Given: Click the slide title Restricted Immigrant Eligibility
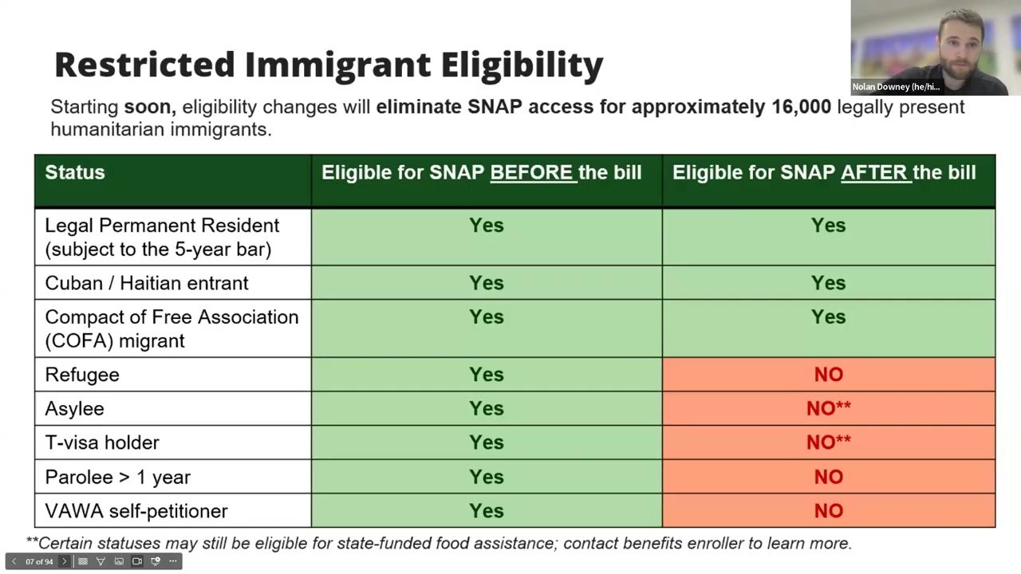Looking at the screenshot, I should point(328,65).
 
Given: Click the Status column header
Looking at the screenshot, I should point(75,172).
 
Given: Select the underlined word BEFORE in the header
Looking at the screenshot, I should point(532,173).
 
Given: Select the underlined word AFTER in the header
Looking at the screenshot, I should point(875,173).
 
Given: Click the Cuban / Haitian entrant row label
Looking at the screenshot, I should point(147,283).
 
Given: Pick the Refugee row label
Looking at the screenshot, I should point(82,375).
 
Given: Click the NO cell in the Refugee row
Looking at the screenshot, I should point(828,375).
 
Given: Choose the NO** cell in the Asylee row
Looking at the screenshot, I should point(828,409).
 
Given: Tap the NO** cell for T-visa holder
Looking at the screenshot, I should point(828,442).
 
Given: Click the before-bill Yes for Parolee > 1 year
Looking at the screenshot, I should point(487,477).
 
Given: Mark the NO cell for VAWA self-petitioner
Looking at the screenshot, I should point(828,511).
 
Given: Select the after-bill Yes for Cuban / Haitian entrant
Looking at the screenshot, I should point(828,283).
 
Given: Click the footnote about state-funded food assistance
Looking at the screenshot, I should point(439,543).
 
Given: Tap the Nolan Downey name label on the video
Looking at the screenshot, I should point(896,87).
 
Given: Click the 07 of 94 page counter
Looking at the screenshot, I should point(39,561).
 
